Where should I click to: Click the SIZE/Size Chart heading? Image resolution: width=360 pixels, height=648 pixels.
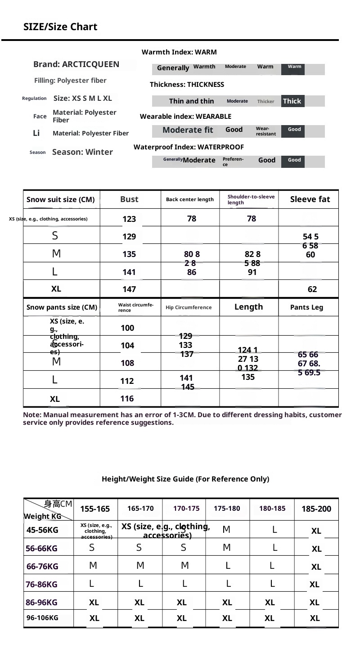point(60,27)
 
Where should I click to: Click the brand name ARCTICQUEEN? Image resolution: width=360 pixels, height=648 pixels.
point(76,64)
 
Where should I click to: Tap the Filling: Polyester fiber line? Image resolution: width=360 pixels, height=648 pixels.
point(71,81)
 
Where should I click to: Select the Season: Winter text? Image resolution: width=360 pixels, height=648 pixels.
point(82,152)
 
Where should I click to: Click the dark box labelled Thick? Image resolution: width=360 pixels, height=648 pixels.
point(292,101)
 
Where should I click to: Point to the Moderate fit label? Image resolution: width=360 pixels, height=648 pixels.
point(188,130)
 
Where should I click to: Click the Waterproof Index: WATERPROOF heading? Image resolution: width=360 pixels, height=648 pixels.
point(189,147)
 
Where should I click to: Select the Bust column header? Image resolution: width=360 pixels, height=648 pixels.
point(129,199)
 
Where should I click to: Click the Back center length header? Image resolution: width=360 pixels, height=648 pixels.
point(190,199)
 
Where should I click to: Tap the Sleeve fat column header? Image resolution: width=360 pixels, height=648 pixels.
point(310,199)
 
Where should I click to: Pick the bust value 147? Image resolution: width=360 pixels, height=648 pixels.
point(129,289)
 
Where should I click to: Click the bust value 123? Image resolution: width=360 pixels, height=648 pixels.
point(129,219)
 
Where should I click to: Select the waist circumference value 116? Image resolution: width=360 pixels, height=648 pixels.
point(127,399)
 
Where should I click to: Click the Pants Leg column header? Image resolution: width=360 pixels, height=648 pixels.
point(307,308)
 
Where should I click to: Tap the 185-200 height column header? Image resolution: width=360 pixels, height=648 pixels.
point(316,509)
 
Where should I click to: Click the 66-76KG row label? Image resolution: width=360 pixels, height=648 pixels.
point(42,567)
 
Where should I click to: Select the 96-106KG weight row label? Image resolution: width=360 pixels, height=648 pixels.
point(42,618)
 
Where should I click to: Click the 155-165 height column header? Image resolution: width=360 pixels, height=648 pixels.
point(95,509)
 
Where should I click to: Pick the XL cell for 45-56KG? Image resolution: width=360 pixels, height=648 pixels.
point(316,531)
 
